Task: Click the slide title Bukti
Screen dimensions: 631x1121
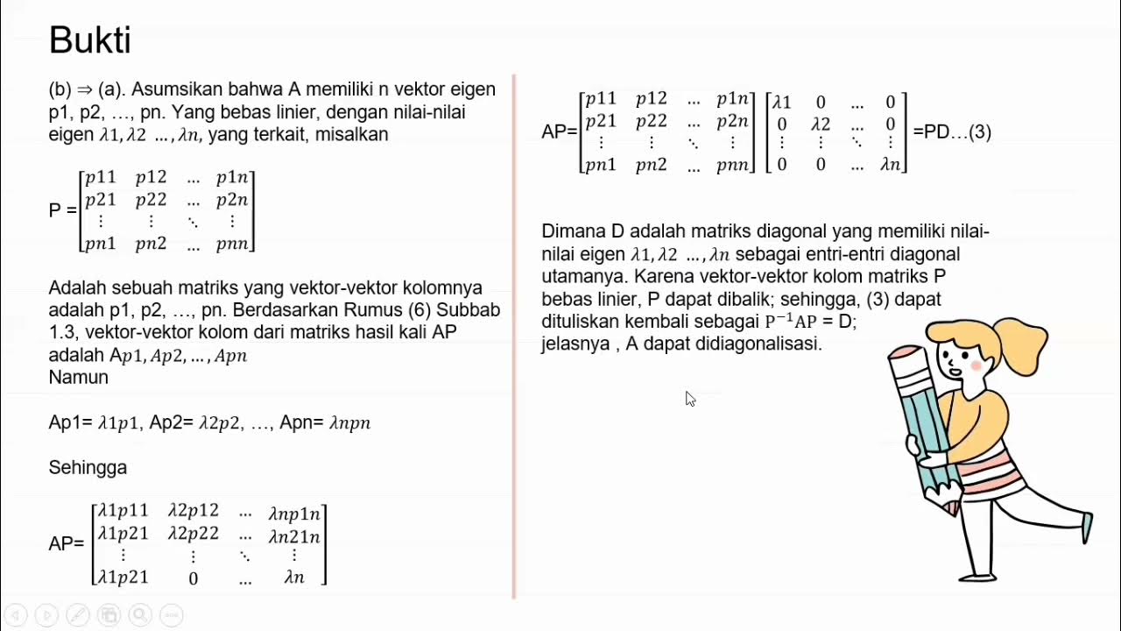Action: (89, 40)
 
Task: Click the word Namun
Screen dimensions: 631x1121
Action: (79, 378)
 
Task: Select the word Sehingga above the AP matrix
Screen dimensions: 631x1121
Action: (88, 467)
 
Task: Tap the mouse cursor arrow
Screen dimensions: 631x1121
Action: (689, 398)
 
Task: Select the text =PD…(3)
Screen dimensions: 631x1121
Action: (952, 132)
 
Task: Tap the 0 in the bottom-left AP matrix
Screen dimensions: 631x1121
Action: (194, 578)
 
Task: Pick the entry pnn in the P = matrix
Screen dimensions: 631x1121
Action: (232, 244)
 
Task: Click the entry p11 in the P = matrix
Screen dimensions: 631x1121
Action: (101, 178)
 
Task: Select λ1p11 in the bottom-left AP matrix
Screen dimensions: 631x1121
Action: (123, 511)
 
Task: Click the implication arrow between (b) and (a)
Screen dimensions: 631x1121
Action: (85, 89)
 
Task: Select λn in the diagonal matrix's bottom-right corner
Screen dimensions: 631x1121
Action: (890, 163)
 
